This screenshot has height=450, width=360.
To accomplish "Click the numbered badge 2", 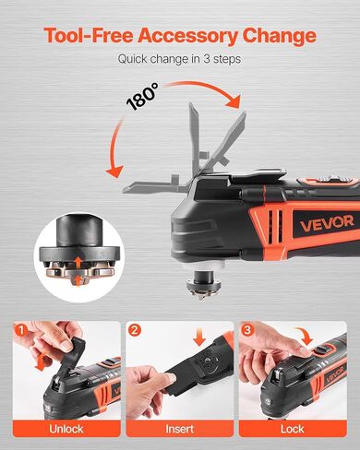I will pos(135,329).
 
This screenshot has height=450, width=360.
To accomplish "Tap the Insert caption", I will pos(180,431).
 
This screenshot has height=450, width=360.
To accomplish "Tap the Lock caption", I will pos(295,431).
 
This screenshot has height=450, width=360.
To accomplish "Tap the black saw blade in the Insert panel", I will pos(166,373).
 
